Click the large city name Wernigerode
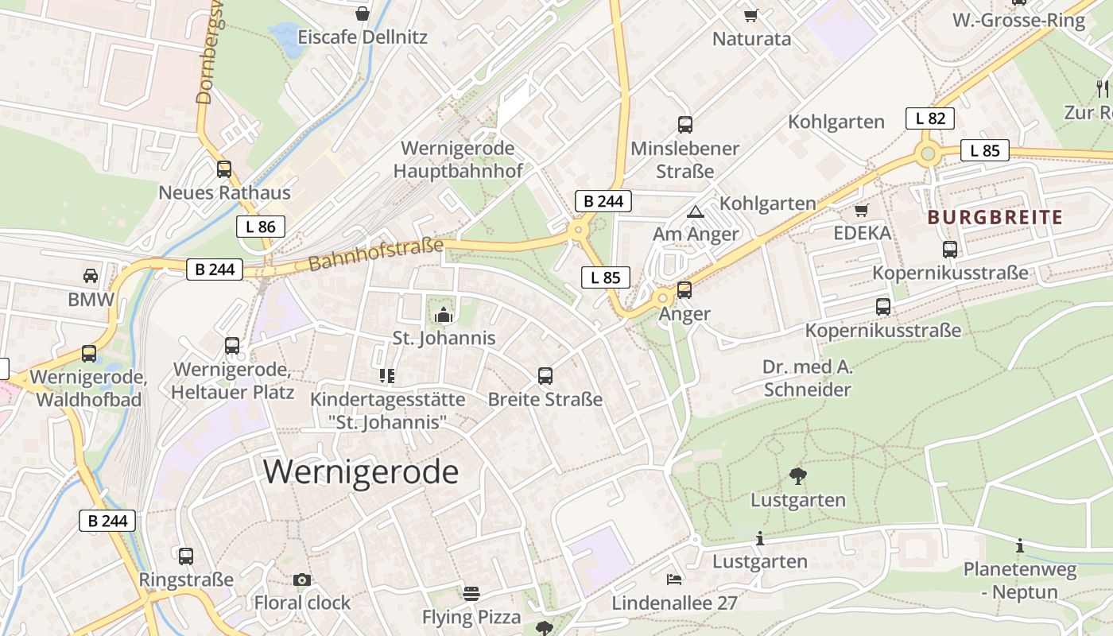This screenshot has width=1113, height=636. tap(361, 471)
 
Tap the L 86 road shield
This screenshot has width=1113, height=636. tap(261, 227)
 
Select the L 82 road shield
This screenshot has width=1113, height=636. tap(929, 118)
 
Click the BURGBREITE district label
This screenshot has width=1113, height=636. tap(995, 217)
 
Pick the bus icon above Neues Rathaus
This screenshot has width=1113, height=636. tap(224, 169)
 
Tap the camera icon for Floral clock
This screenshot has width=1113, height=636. tap(301, 580)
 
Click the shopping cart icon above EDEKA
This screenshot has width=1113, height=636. tap(861, 210)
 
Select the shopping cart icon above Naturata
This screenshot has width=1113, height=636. tap(751, 15)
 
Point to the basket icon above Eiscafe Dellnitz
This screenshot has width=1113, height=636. tap(363, 14)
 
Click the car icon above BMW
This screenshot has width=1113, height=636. tap(91, 276)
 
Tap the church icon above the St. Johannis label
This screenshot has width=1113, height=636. tap(443, 316)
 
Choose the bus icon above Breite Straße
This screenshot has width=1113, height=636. tap(545, 375)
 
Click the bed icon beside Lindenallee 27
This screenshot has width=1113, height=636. tap(674, 580)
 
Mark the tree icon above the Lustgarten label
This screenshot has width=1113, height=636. tap(797, 476)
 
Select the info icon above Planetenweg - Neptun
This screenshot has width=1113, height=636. tap(1020, 546)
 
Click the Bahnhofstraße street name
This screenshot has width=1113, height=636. tap(375, 254)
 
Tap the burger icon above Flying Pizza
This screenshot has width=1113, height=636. tap(471, 593)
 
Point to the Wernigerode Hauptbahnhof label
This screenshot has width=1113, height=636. tap(458, 160)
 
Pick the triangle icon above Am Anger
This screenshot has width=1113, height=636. tap(696, 211)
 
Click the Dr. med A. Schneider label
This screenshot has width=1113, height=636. tap(807, 378)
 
